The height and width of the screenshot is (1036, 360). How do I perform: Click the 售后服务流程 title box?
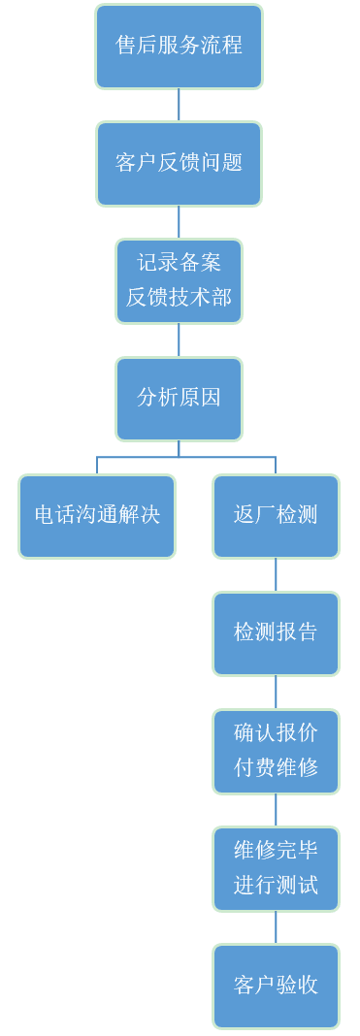coord(179,46)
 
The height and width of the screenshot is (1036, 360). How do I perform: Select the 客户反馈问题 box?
coord(179,163)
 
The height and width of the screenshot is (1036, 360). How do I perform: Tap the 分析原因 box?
coord(179,398)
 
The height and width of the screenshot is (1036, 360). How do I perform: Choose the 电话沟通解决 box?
coord(97,515)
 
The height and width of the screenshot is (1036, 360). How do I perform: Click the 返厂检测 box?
coord(276,515)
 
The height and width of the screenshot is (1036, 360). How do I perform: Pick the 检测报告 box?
coord(276,632)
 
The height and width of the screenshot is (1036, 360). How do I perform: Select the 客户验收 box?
coord(276,986)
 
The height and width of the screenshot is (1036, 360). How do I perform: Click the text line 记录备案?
coord(179,263)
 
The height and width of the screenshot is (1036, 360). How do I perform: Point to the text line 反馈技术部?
coord(179,297)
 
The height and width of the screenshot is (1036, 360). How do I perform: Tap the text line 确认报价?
coord(276,733)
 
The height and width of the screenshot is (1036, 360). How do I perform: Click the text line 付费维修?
coord(276,767)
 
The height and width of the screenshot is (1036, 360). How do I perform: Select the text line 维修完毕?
coord(276,851)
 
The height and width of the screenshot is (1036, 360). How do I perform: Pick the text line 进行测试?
coord(276,885)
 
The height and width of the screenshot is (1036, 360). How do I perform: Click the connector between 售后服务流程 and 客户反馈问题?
coord(179,105)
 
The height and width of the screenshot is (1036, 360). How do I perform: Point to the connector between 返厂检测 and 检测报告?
coord(276,574)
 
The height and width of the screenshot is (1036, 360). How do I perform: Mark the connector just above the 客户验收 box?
coord(276,927)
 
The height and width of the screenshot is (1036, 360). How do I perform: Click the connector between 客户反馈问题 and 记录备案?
coord(179,222)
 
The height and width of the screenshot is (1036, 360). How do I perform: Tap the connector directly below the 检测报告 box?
coord(276,692)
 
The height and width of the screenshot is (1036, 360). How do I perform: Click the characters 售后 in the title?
coord(137,46)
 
